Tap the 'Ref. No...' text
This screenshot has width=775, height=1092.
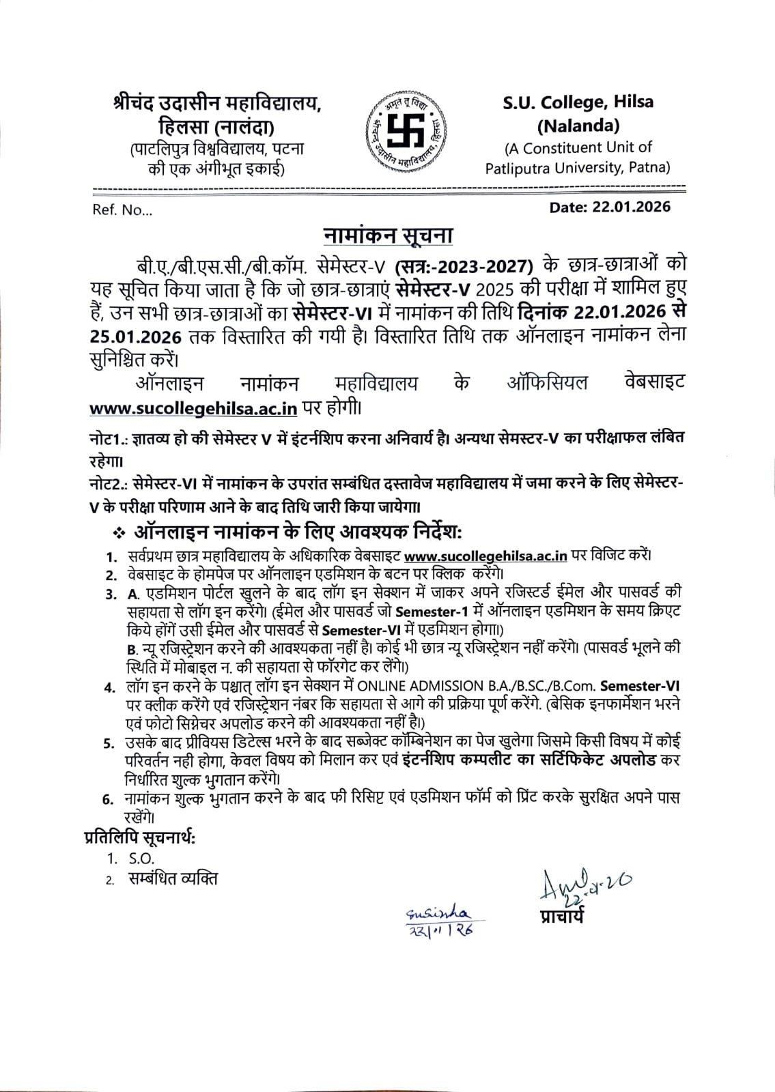tap(122, 210)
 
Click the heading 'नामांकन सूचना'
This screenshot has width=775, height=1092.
tap(388, 235)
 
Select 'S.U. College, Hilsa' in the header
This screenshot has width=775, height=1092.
tap(578, 102)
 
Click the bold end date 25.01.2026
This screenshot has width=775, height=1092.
tap(135, 336)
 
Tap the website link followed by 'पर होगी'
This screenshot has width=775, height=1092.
tap(193, 408)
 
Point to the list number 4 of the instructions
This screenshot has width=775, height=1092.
tap(109, 687)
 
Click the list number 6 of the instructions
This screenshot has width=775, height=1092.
tap(108, 800)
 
